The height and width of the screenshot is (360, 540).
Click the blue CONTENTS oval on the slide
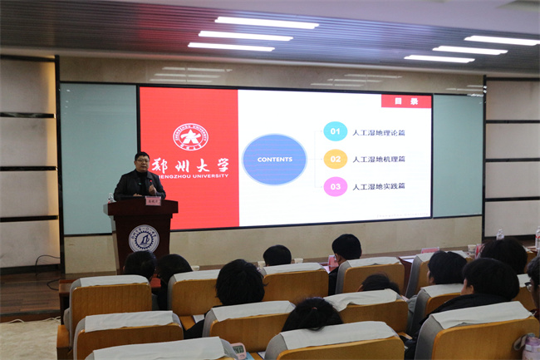tap(274, 159)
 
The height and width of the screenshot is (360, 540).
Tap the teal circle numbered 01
tap(335, 131)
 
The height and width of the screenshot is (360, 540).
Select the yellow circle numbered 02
tap(335, 159)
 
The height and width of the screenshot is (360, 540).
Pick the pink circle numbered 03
tap(335, 186)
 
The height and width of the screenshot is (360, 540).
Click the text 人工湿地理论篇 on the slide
tap(380, 132)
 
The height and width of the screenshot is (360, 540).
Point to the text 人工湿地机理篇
tap(380, 159)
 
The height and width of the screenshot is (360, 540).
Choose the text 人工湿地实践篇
tap(380, 186)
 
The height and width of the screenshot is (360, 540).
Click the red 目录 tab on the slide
tap(406, 101)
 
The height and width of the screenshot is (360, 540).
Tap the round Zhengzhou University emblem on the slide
tap(190, 136)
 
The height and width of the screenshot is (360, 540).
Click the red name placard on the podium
tap(153, 200)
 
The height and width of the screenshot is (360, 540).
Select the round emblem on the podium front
tap(143, 239)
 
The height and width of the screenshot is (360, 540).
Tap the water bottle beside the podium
tap(110, 198)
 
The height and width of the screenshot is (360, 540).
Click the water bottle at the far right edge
tap(536, 241)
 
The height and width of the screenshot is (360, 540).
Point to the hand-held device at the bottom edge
tap(238, 349)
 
